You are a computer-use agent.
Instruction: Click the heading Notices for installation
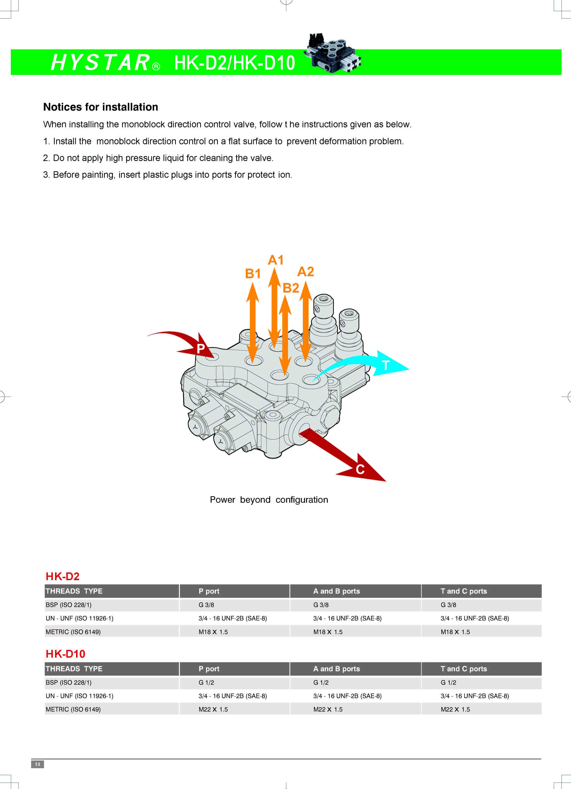click(101, 107)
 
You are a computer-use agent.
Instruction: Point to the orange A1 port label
click(276, 260)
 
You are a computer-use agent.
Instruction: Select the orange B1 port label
click(253, 274)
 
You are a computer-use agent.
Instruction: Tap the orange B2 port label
click(291, 288)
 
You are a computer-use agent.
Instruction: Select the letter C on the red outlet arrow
click(360, 470)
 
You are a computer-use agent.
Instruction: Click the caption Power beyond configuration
click(269, 500)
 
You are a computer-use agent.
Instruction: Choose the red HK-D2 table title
click(63, 576)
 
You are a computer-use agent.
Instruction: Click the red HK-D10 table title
click(65, 654)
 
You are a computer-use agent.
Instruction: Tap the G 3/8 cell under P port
click(206, 605)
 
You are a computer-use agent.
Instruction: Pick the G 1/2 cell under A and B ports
click(321, 682)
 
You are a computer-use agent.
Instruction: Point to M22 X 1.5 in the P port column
click(213, 709)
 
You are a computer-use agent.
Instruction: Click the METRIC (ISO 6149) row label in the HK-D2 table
click(73, 632)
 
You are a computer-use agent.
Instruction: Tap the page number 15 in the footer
click(38, 764)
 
